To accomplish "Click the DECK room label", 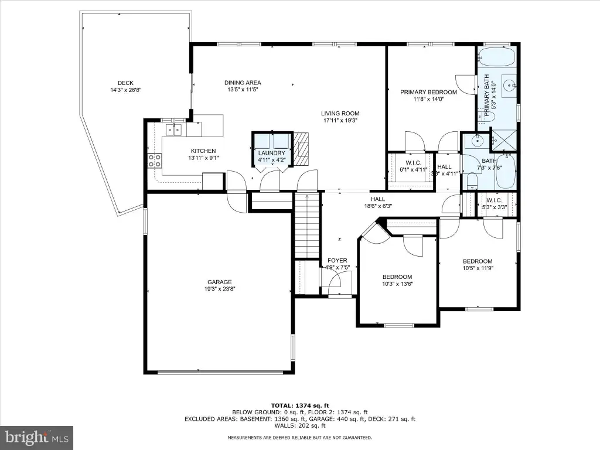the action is point(125,83).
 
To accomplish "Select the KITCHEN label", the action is point(203,151).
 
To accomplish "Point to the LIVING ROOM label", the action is point(340,113).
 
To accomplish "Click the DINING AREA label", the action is point(243,83).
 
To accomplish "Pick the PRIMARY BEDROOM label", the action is point(428,92).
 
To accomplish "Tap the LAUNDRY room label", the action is point(272,153).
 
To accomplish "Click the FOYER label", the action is point(337,261).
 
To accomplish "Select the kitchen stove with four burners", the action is point(155,160).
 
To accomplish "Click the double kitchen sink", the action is point(174,130).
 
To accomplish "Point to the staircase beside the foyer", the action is point(307,226).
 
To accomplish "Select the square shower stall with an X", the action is point(503,141).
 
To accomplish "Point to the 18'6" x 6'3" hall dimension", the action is point(378,206).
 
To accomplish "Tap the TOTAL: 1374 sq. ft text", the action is point(300,405).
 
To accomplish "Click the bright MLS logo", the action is point(37,438).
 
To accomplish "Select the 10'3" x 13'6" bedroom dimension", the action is point(398,284).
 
